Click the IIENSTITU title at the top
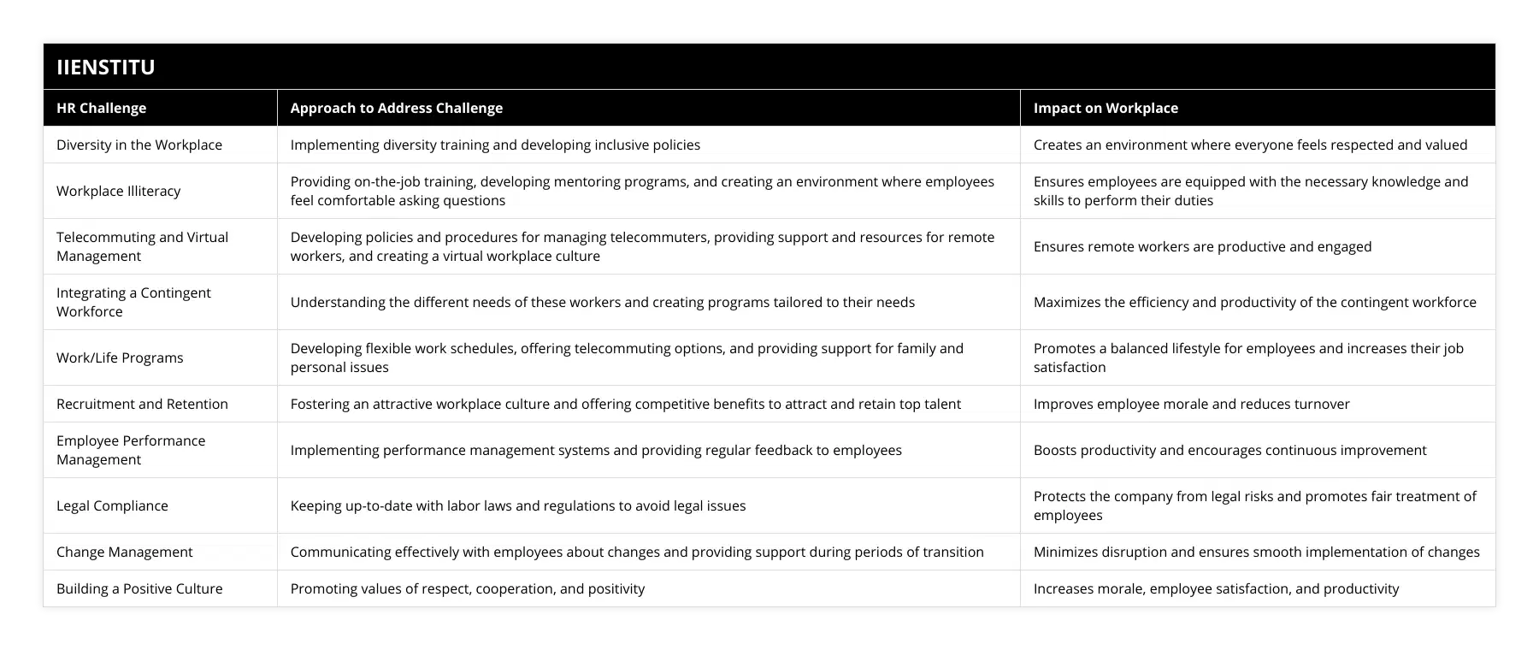[x=106, y=67]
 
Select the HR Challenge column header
[x=101, y=108]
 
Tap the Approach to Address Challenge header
[x=396, y=108]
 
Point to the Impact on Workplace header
[x=1106, y=108]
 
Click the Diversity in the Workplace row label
[x=139, y=145]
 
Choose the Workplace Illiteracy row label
[x=118, y=191]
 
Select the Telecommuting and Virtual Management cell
[x=142, y=246]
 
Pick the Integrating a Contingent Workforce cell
[x=133, y=302]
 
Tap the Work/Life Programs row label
[x=120, y=357]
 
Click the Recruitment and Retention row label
[x=142, y=404]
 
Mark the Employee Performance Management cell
[x=131, y=450]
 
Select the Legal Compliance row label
[x=112, y=505]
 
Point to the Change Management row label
[x=124, y=552]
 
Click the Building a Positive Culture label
[x=139, y=588]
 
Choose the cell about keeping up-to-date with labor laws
[x=518, y=505]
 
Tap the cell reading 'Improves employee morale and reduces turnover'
[x=1191, y=404]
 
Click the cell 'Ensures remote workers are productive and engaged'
[x=1202, y=246]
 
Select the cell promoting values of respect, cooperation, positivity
[x=468, y=588]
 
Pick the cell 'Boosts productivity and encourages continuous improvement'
[x=1229, y=450]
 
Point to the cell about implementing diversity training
[x=495, y=145]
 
